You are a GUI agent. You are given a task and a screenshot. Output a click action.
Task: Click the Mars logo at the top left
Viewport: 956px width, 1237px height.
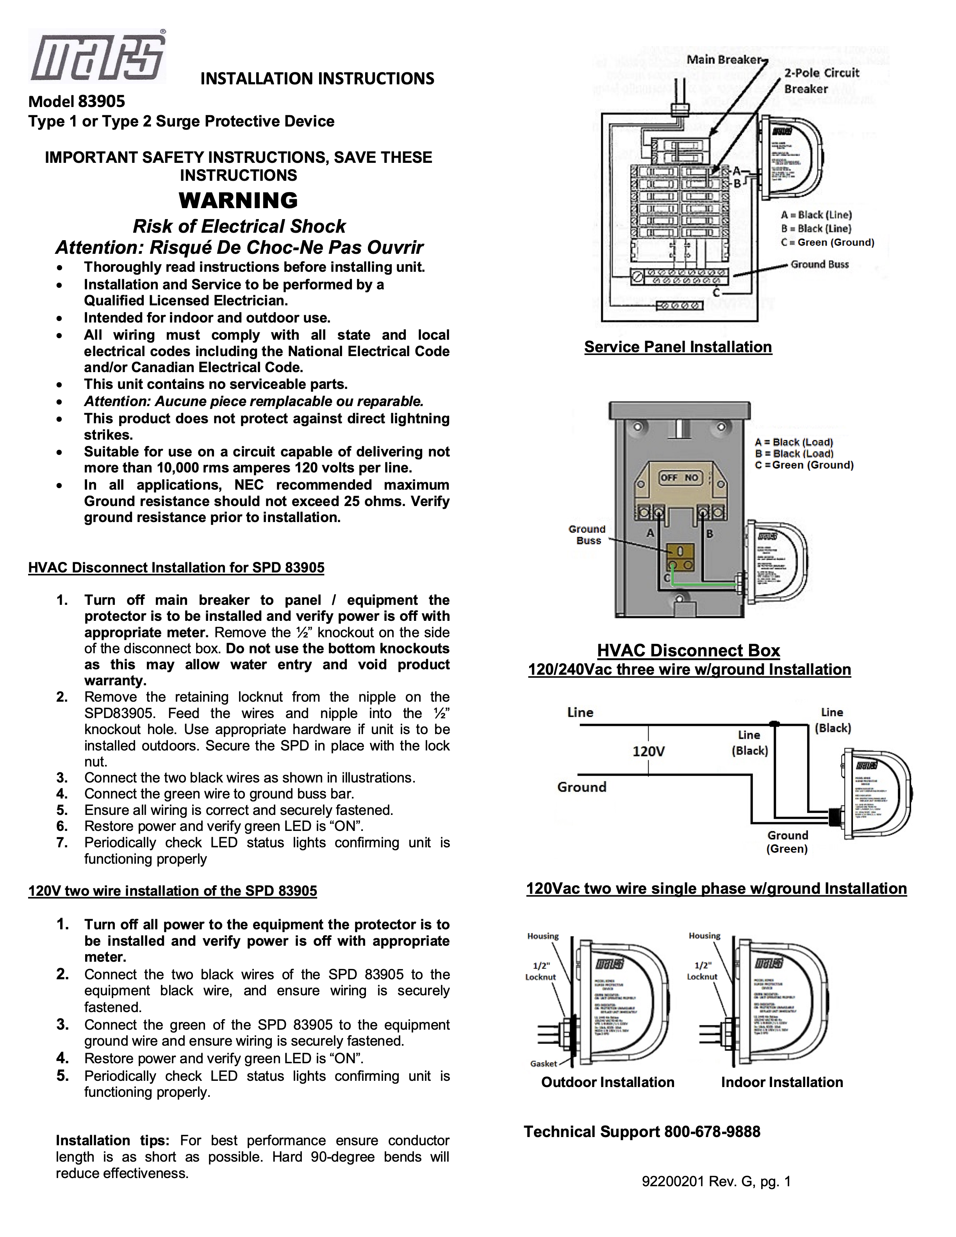(97, 56)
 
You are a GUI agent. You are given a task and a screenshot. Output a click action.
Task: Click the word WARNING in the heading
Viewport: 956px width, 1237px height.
(239, 200)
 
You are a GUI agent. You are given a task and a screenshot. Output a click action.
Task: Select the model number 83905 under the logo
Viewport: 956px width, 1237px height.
(102, 102)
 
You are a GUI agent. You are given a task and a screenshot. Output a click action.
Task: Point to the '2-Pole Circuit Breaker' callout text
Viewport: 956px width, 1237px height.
(821, 80)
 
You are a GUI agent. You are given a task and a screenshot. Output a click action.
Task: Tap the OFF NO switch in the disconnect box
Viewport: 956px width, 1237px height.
(680, 478)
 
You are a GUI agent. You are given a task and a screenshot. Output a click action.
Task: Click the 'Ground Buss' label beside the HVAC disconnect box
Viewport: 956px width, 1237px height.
(587, 535)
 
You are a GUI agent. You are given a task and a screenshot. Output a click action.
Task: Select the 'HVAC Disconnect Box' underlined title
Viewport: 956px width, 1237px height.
(688, 650)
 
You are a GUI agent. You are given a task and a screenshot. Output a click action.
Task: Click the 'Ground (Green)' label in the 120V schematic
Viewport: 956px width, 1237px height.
(787, 842)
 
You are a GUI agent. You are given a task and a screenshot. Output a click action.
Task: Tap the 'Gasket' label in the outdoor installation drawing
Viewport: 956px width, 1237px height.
(544, 1064)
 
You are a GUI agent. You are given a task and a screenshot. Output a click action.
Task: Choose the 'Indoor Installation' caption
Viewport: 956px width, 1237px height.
(781, 1082)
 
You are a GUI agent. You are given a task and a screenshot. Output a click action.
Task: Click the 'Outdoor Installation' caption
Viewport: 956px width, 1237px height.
(608, 1082)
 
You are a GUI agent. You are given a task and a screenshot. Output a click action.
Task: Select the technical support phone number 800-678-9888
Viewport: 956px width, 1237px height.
(712, 1132)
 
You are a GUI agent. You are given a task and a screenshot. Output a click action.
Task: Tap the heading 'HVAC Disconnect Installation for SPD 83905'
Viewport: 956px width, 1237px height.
(176, 567)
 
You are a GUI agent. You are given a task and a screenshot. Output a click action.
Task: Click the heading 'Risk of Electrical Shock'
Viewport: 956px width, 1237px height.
(239, 226)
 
